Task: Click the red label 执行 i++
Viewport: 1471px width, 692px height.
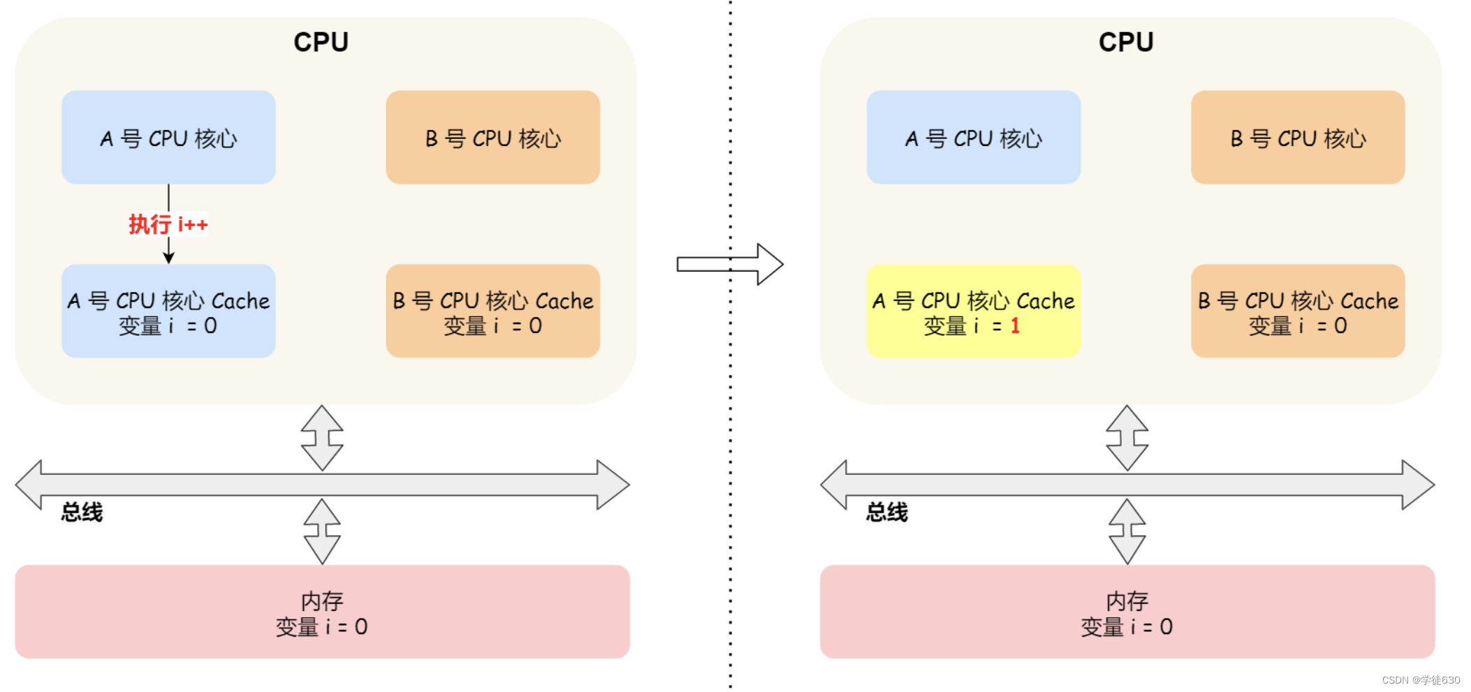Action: pyautogui.click(x=168, y=224)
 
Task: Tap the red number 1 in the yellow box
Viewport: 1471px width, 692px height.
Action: pyautogui.click(x=1015, y=325)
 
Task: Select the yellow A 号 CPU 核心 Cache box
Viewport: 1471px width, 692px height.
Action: pyautogui.click(x=973, y=311)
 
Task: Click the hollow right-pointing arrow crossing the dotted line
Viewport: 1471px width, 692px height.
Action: pyautogui.click(x=730, y=264)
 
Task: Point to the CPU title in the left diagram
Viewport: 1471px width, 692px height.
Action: pyautogui.click(x=321, y=42)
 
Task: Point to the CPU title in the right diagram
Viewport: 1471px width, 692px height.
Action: pyautogui.click(x=1125, y=42)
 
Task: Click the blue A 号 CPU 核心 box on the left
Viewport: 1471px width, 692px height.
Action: pyautogui.click(x=168, y=138)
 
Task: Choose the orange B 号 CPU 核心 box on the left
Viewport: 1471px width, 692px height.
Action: pyautogui.click(x=492, y=138)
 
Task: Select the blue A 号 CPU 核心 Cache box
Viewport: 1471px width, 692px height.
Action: pyautogui.click(x=168, y=311)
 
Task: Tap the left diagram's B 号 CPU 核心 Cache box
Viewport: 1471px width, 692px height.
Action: pyautogui.click(x=492, y=311)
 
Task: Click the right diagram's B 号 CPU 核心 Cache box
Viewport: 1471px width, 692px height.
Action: pyautogui.click(x=1298, y=311)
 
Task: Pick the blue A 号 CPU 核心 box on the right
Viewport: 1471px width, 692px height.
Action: pyautogui.click(x=973, y=138)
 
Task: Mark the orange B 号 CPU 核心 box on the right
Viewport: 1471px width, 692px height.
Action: pyautogui.click(x=1298, y=138)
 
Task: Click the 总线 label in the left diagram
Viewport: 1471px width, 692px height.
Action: pyautogui.click(x=82, y=512)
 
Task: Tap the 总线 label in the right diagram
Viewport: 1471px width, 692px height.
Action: pyautogui.click(x=886, y=512)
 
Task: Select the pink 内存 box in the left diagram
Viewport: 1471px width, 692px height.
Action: pyautogui.click(x=322, y=612)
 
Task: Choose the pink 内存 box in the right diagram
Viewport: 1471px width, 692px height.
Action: pyautogui.click(x=1127, y=612)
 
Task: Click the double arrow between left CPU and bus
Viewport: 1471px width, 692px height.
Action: pyautogui.click(x=322, y=438)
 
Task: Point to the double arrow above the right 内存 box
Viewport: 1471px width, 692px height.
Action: pyautogui.click(x=1127, y=531)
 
